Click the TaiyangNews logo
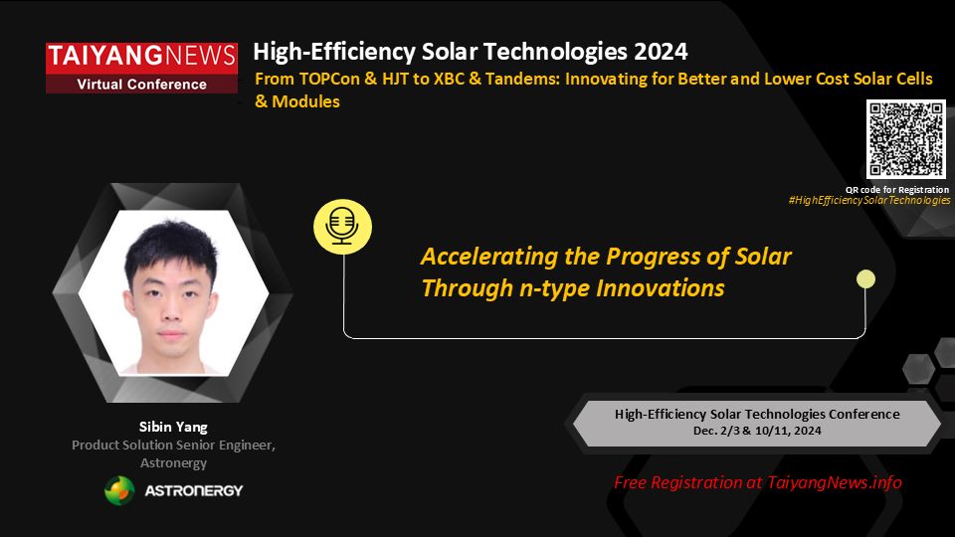(x=141, y=68)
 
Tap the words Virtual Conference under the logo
(x=141, y=85)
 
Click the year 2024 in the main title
(x=661, y=52)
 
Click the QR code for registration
(x=905, y=139)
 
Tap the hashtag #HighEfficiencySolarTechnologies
(x=869, y=200)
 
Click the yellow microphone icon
(x=342, y=227)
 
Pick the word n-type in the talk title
(x=554, y=288)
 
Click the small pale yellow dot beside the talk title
(x=865, y=279)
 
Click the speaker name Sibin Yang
(x=173, y=427)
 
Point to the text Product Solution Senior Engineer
(x=173, y=446)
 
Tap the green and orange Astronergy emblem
(x=119, y=490)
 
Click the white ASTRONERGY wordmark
(x=194, y=490)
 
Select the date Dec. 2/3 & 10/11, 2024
(x=757, y=431)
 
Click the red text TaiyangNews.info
(x=835, y=483)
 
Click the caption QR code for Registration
(x=897, y=189)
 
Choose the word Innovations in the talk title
(x=661, y=288)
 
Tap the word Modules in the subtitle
(x=305, y=101)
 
